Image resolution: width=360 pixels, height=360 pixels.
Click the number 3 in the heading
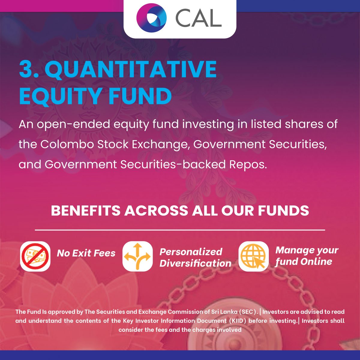click(x=27, y=69)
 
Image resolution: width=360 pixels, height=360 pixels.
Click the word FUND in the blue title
click(x=140, y=96)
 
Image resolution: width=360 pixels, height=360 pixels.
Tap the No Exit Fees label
click(x=86, y=253)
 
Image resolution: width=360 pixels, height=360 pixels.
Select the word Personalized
click(x=191, y=251)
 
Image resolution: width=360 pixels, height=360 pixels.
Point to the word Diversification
click(x=195, y=263)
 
